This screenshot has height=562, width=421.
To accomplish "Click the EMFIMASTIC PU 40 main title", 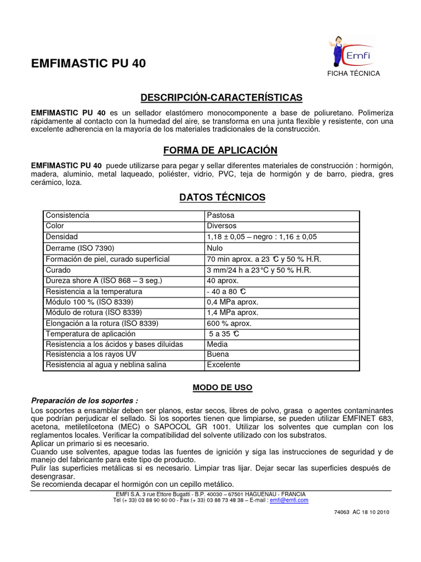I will pyautogui.click(x=89, y=64).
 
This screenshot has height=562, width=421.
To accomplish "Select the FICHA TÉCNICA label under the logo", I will pyautogui.click(x=353, y=74).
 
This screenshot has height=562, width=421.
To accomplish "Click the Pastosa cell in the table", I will pyautogui.click(x=220, y=215).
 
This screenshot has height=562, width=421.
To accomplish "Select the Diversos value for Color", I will pyautogui.click(x=221, y=226).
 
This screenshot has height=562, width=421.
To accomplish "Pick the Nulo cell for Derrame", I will pyautogui.click(x=215, y=248).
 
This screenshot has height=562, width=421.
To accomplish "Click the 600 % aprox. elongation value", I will pyautogui.click(x=229, y=323).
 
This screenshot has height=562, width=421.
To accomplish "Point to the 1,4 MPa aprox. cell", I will pyautogui.click(x=232, y=312).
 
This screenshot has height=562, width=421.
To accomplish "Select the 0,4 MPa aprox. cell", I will pyautogui.click(x=232, y=302).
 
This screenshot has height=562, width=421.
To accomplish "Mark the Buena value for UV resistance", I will pyautogui.click(x=218, y=355).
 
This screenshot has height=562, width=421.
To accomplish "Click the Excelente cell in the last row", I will pyautogui.click(x=223, y=364).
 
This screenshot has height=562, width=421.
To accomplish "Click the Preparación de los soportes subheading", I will pyautogui.click(x=84, y=401).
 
